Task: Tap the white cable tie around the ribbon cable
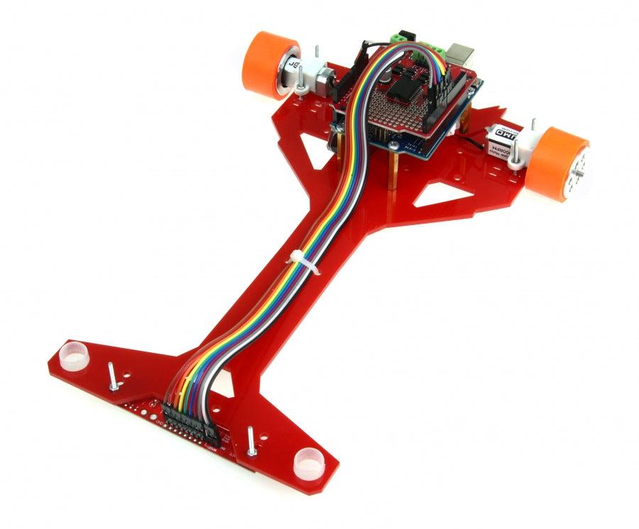point(299,261)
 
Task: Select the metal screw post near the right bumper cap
point(251,441)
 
